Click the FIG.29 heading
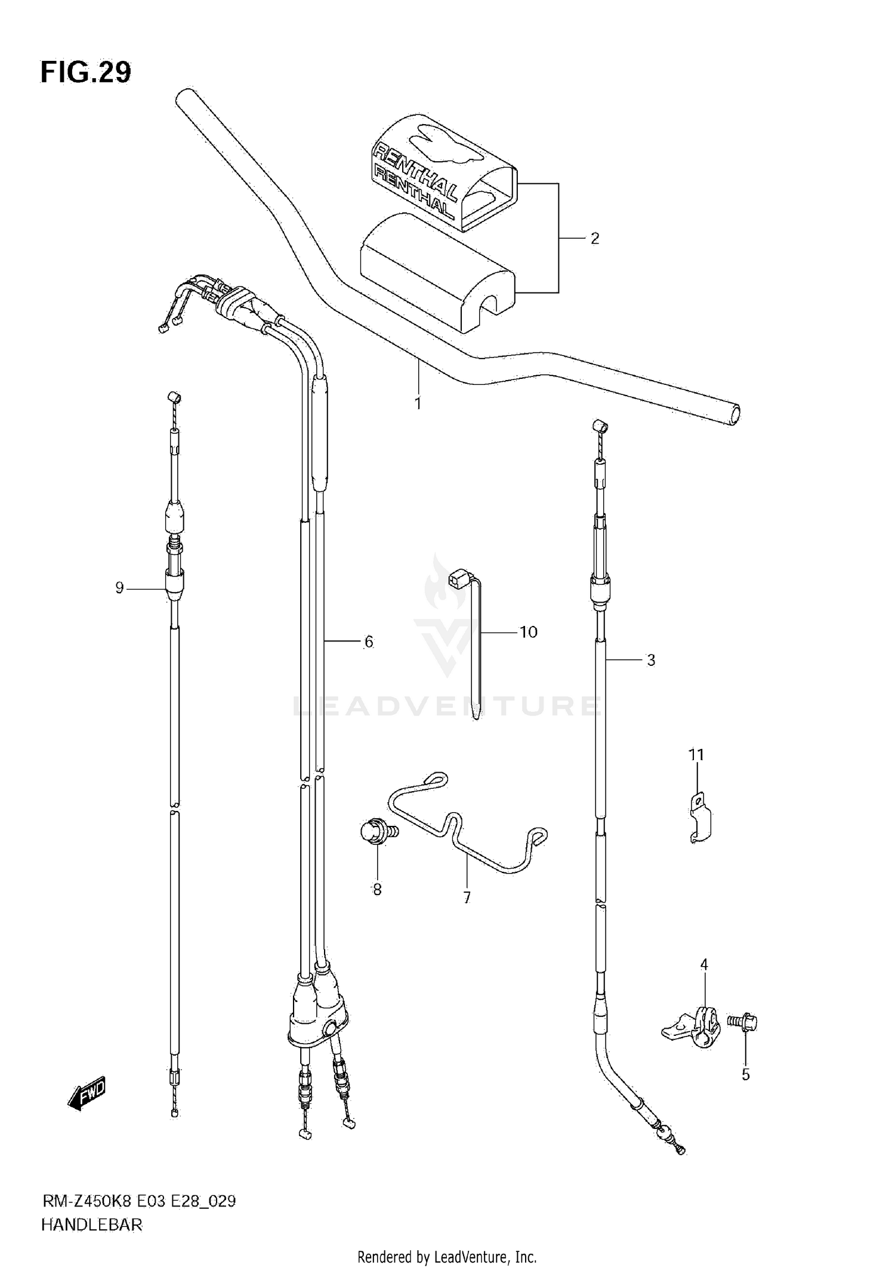[x=86, y=73]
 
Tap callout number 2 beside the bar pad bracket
[x=594, y=239]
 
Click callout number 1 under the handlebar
[x=418, y=404]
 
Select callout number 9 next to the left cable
[x=119, y=588]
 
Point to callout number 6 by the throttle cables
[x=369, y=642]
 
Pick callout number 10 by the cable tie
[x=529, y=632]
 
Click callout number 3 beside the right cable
[x=651, y=660]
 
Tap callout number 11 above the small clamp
[x=696, y=755]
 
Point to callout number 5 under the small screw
[x=745, y=1075]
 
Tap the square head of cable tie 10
[x=458, y=576]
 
